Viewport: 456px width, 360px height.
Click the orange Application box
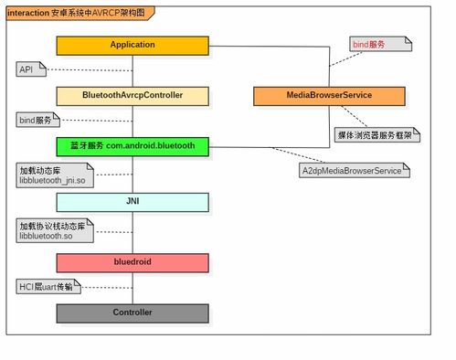tap(133, 45)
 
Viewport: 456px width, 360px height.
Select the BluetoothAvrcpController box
tap(133, 95)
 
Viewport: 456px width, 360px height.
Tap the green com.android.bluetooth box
tap(133, 145)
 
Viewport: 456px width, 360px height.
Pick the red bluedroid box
tap(133, 262)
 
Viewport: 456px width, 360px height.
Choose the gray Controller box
tap(133, 313)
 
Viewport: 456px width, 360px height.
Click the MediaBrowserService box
tap(326, 95)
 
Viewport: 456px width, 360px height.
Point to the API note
tap(27, 69)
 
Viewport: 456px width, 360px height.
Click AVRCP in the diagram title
tap(103, 13)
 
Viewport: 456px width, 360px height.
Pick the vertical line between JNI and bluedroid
tap(133, 232)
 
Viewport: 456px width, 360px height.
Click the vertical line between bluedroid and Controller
tap(133, 288)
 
